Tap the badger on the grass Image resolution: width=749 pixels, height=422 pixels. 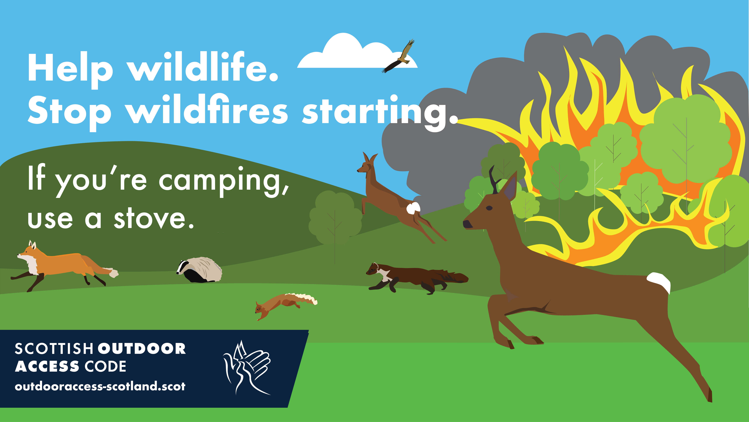click(199, 270)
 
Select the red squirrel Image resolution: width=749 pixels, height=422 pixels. click(284, 305)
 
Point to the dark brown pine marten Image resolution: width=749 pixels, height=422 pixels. click(416, 278)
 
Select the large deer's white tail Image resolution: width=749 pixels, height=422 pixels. click(659, 282)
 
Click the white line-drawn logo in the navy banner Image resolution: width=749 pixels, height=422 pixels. click(247, 368)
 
